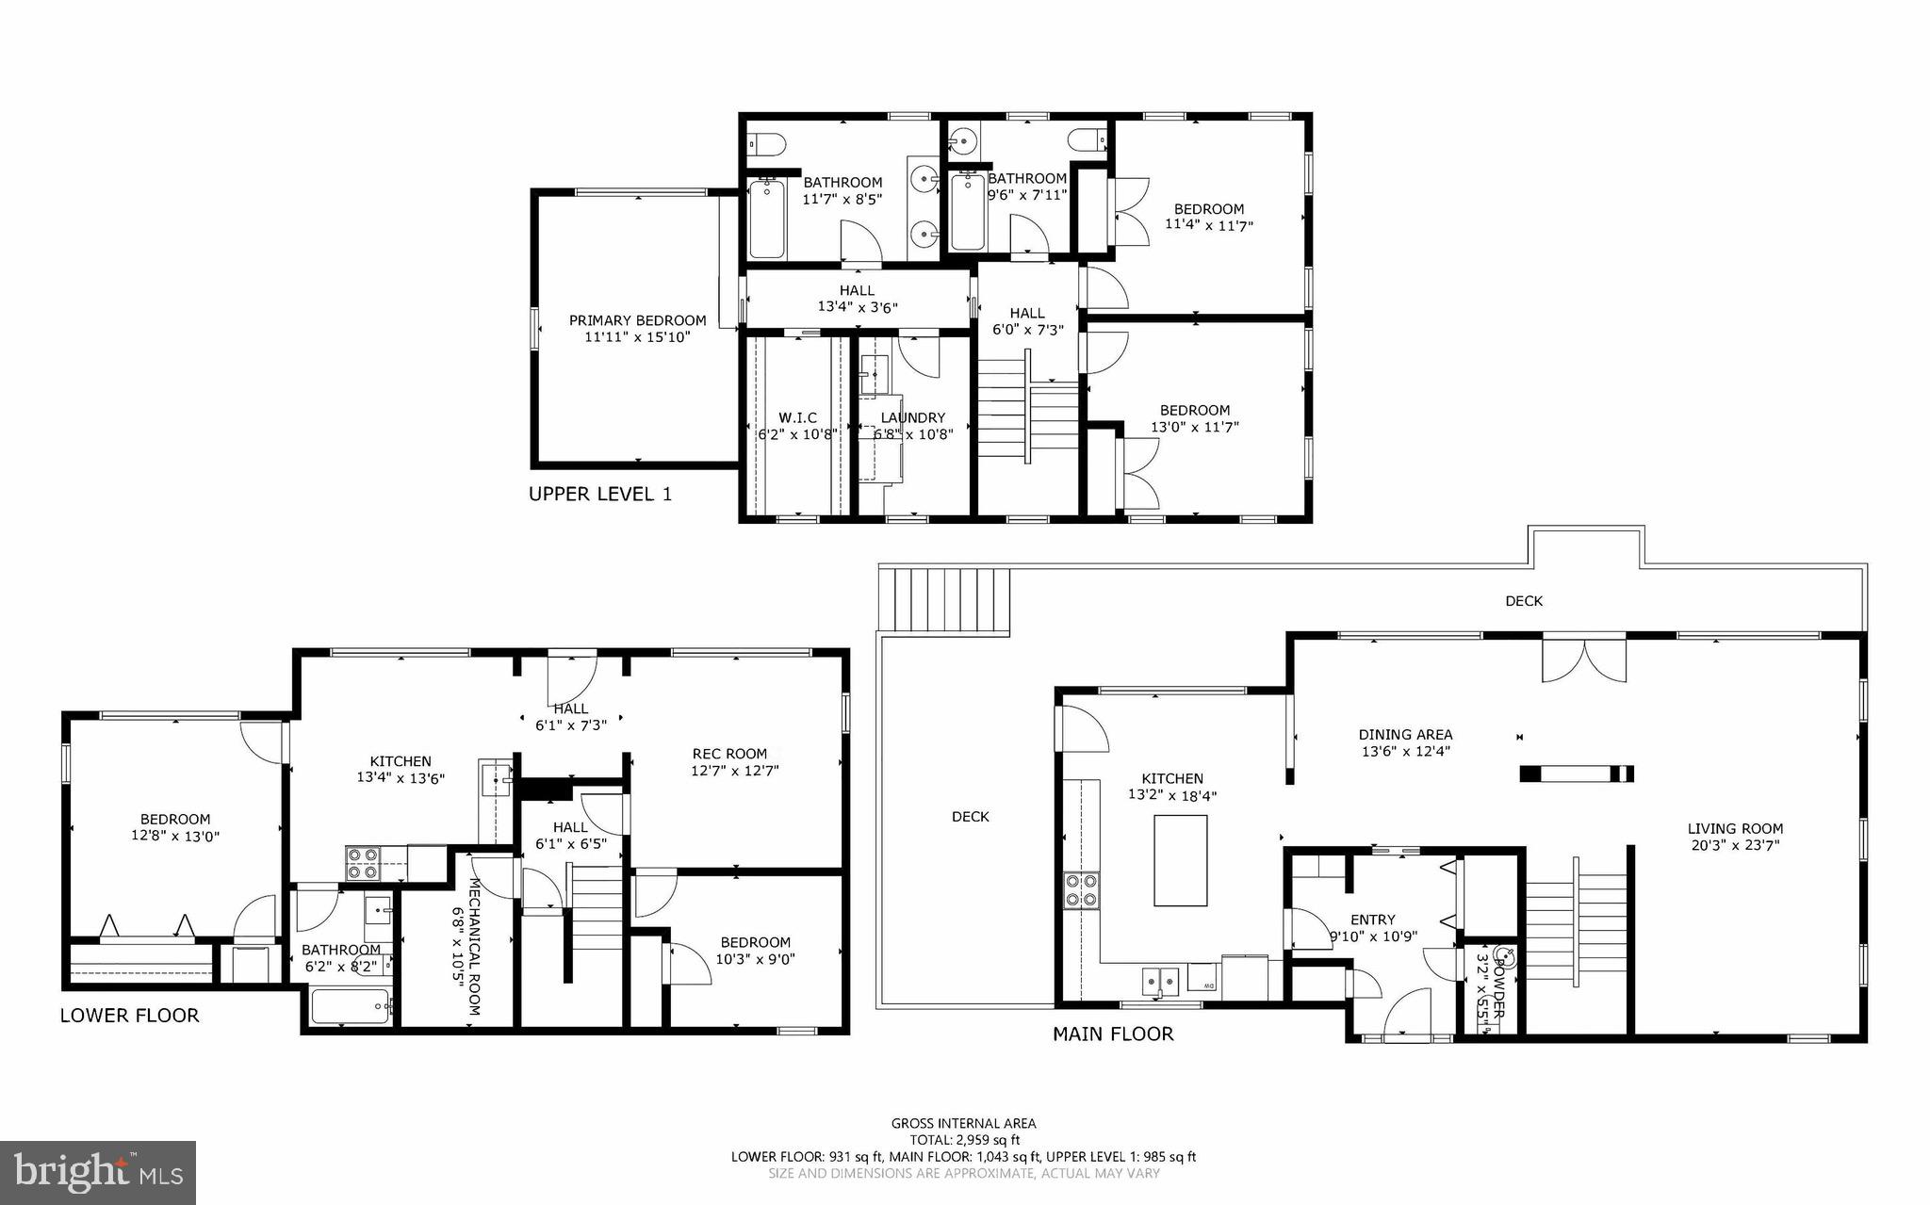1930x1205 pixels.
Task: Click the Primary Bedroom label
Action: tap(637, 320)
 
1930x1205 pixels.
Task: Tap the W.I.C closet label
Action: tap(797, 417)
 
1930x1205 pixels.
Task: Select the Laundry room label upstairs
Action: tap(912, 417)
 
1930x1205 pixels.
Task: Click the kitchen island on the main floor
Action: tap(1180, 860)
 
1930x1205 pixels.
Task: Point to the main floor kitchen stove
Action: tap(1080, 890)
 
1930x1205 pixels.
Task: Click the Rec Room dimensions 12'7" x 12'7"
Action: tap(735, 771)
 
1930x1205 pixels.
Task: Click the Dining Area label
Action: tap(1405, 734)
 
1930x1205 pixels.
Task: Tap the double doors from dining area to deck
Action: tap(1584, 659)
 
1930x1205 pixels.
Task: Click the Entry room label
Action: tap(1372, 920)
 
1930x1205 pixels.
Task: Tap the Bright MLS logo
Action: tap(98, 1172)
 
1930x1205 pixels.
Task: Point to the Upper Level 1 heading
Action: tap(600, 494)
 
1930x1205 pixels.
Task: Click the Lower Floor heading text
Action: tap(129, 1016)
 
